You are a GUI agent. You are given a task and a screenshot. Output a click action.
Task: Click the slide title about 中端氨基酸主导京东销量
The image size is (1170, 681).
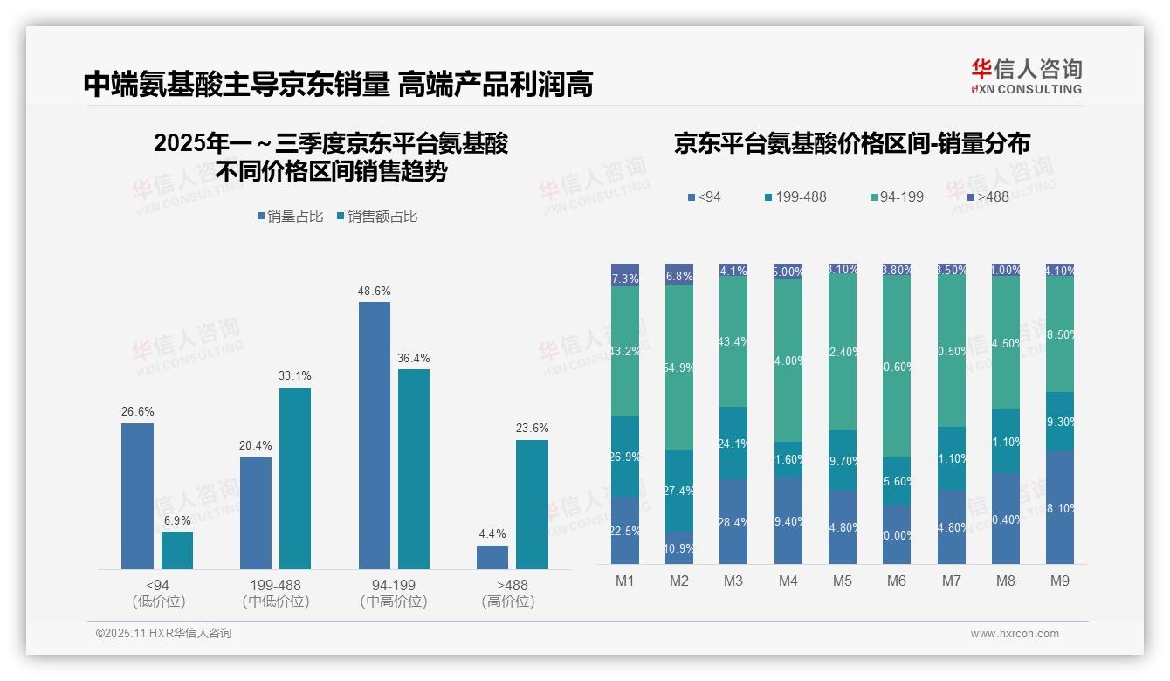(x=338, y=84)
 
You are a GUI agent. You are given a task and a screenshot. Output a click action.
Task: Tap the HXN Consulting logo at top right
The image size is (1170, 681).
(x=1026, y=76)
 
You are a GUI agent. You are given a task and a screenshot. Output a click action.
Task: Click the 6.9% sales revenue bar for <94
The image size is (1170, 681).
(x=177, y=550)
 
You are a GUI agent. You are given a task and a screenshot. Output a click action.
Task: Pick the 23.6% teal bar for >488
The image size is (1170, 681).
(x=532, y=504)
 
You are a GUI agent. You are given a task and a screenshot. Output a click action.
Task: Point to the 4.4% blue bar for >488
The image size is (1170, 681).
(x=492, y=557)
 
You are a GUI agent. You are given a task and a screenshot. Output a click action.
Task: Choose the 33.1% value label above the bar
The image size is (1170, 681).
(x=295, y=375)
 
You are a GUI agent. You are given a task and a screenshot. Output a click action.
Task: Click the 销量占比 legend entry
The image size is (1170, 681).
(x=292, y=216)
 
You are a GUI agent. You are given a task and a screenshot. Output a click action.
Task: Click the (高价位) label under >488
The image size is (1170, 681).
(x=507, y=602)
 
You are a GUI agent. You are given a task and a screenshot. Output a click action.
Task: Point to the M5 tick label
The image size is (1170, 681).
(x=842, y=581)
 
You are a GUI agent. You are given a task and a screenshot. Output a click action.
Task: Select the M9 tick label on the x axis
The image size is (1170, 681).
(x=1059, y=581)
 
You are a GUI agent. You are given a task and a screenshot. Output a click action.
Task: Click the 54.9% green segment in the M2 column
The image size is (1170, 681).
(x=678, y=367)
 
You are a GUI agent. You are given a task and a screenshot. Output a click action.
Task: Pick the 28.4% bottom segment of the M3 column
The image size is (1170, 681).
(x=733, y=521)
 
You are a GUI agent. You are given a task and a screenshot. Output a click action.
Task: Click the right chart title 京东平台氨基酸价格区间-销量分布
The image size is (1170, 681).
(x=851, y=143)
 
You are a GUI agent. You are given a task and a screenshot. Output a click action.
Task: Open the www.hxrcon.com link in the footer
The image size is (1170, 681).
(x=1015, y=634)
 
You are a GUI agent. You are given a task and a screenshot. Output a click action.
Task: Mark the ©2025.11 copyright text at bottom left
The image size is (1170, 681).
(x=163, y=634)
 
